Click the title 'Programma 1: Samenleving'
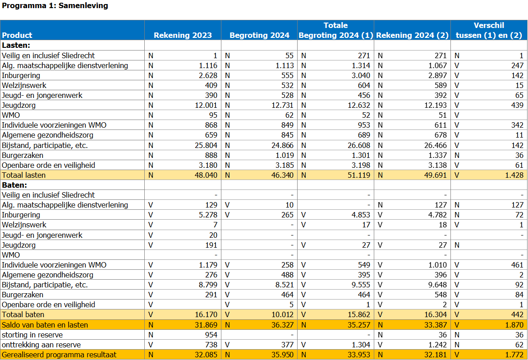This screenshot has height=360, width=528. (x=55, y=6)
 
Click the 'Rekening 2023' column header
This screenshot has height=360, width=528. (x=183, y=35)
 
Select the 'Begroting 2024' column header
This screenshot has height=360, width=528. (x=259, y=35)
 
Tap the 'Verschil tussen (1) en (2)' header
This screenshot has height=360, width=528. (x=489, y=30)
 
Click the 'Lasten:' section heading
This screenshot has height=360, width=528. (x=16, y=45)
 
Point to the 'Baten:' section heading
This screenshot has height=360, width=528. (x=14, y=185)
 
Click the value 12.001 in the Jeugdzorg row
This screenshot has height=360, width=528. (x=206, y=106)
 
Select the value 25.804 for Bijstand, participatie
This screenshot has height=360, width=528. (x=206, y=145)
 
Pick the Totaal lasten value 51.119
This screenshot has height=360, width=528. (x=359, y=175)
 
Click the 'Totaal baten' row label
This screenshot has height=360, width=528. (x=23, y=314)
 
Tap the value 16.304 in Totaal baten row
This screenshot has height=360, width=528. (x=436, y=314)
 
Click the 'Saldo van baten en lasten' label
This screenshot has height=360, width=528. (x=45, y=325)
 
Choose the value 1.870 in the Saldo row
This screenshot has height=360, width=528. (x=514, y=325)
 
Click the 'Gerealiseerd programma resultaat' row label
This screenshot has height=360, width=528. (x=59, y=355)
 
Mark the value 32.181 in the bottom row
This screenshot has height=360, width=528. (x=436, y=355)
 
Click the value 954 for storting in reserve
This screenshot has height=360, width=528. (x=211, y=335)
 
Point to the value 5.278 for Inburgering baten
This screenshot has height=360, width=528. (x=208, y=215)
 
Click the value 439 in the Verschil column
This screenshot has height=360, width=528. (x=517, y=106)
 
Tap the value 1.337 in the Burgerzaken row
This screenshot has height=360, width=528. (x=437, y=155)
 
